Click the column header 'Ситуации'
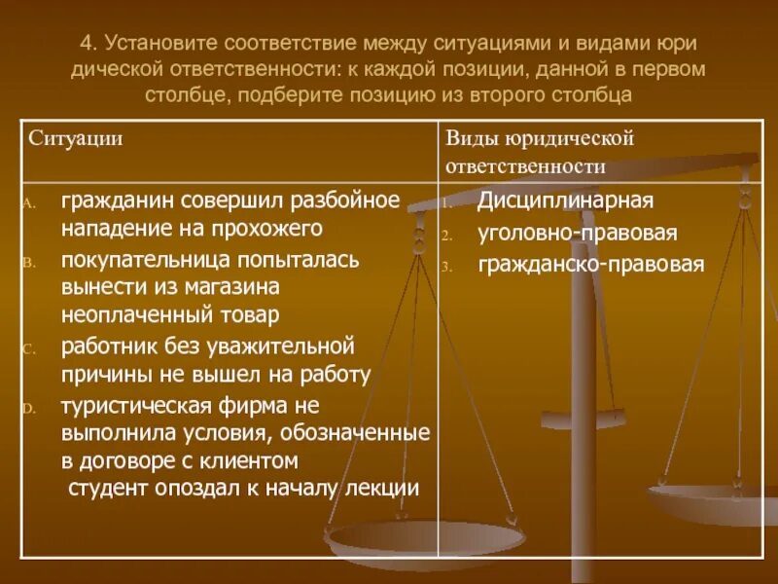click(x=75, y=138)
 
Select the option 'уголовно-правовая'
click(x=577, y=234)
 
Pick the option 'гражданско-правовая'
click(x=590, y=265)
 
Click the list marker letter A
click(x=29, y=203)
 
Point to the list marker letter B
click(x=29, y=263)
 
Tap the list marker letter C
click(x=29, y=348)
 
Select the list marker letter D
click(x=29, y=407)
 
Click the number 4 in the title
click(x=86, y=44)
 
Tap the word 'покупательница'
click(x=137, y=260)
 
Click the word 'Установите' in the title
click(x=159, y=44)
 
